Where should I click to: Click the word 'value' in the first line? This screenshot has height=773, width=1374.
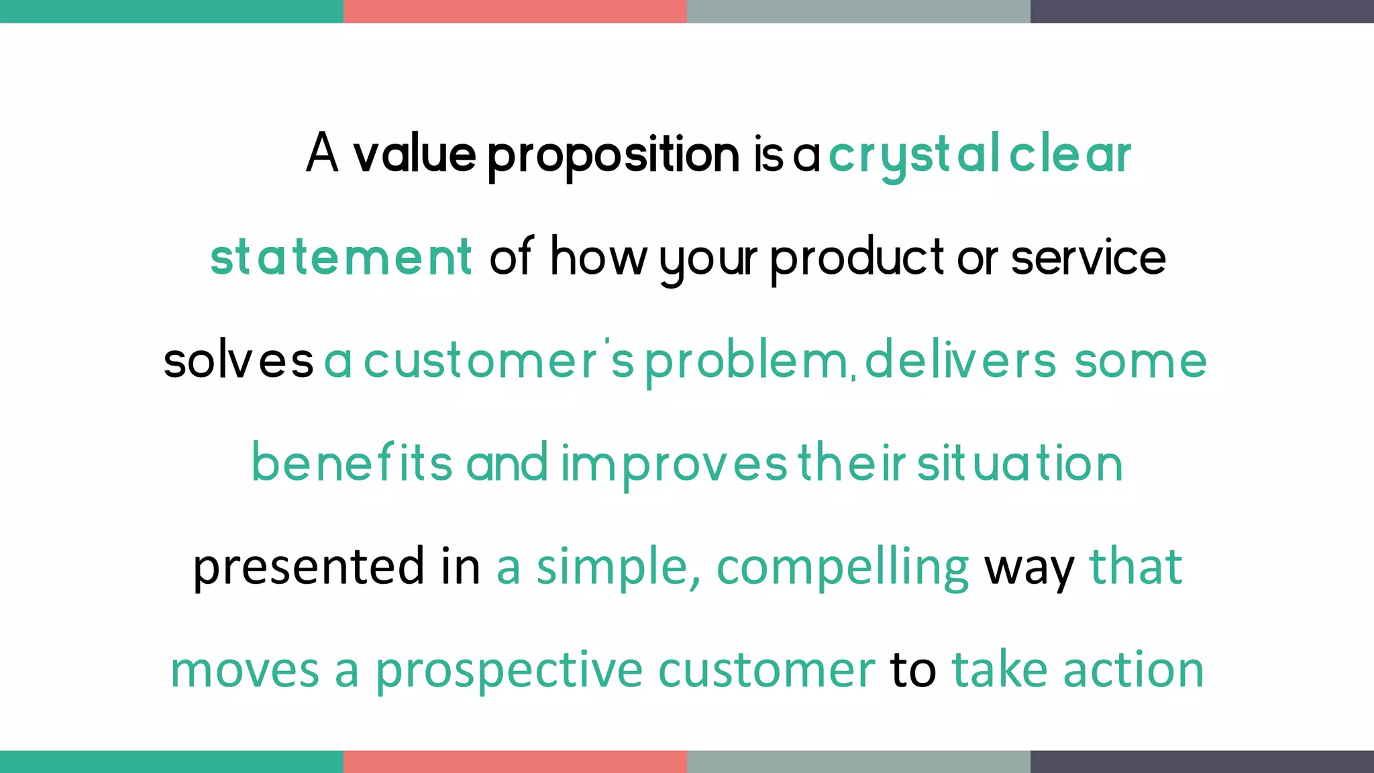414,154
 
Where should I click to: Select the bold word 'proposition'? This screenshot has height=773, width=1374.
613,156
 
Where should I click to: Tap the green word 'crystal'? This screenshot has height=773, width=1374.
914,156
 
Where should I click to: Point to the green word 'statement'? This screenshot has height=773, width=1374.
341,258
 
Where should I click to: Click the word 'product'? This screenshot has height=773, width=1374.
857,259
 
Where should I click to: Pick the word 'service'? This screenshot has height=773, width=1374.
1088,258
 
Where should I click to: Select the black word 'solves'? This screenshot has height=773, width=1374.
238,361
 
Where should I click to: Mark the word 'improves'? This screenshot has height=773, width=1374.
674,464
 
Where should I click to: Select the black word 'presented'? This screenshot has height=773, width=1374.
309,567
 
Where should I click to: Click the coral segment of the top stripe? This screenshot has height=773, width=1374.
515,11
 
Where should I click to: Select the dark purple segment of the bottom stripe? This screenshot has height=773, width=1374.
1202,762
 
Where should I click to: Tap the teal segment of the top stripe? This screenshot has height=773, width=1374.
171,11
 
